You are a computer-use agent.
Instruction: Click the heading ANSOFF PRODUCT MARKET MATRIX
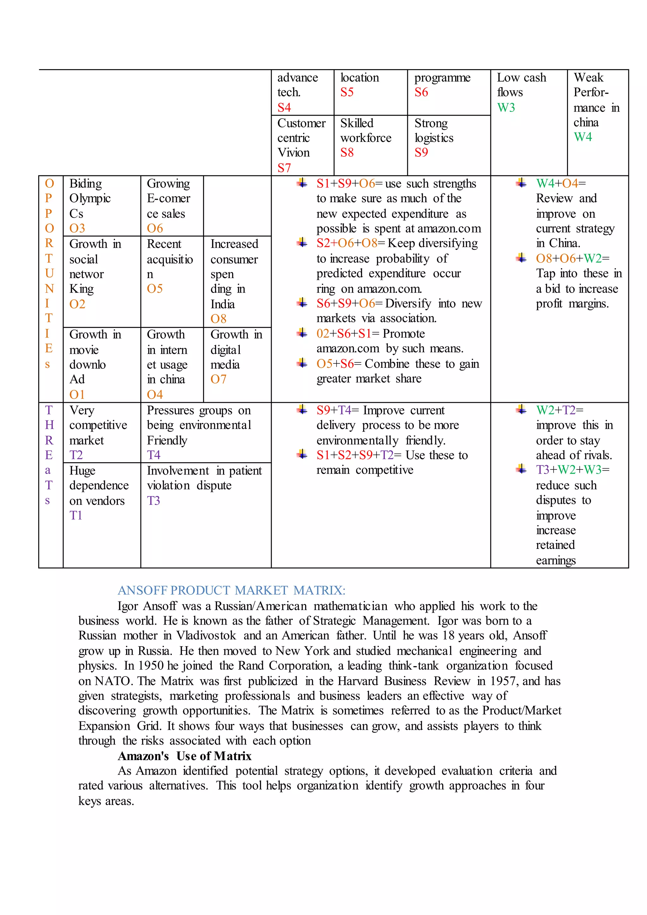(x=232, y=590)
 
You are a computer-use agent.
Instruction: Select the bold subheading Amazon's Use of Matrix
(x=184, y=756)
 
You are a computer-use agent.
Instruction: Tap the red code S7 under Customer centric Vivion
(x=284, y=168)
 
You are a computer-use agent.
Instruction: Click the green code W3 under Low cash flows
(x=506, y=108)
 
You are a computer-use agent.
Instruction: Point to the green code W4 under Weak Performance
(x=583, y=137)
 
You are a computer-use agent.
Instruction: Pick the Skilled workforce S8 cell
(x=366, y=138)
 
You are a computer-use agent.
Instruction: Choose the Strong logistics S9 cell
(x=434, y=138)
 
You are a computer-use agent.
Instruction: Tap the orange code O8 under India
(x=218, y=319)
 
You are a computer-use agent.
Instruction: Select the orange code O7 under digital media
(x=218, y=379)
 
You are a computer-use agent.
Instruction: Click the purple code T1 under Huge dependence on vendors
(x=76, y=516)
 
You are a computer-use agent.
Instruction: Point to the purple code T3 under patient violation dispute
(x=154, y=500)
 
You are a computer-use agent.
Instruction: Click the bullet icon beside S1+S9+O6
(x=302, y=183)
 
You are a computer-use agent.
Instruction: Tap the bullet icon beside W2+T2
(x=521, y=410)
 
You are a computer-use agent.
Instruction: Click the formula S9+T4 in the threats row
(x=337, y=410)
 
